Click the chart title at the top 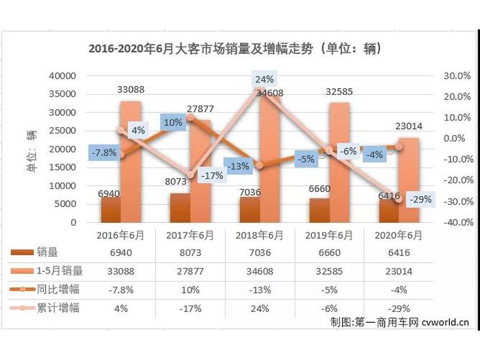[x=235, y=48]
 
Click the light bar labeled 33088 [x=131, y=162]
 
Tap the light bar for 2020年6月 [x=409, y=180]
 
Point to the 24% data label [x=264, y=79]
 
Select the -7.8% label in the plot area [x=104, y=152]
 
